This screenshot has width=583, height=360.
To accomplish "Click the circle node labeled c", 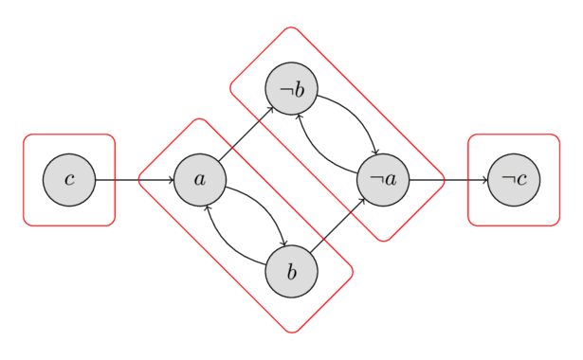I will [69, 179].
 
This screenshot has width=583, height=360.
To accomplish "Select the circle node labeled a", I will [199, 179].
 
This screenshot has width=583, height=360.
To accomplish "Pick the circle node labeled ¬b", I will [291, 89].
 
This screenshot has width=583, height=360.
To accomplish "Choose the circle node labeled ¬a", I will [383, 179].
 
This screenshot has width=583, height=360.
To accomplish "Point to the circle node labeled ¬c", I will [514, 179].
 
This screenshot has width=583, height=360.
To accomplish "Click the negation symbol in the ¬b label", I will [284, 91].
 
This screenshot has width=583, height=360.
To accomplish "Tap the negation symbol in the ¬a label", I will [376, 180].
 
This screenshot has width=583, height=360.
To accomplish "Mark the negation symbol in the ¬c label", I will [507, 180].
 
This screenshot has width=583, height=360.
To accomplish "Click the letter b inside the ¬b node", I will [299, 89].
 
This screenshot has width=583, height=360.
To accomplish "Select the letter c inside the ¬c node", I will [520, 180].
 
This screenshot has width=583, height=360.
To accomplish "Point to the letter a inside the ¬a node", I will [390, 180].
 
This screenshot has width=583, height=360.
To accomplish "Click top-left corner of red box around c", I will [26, 135].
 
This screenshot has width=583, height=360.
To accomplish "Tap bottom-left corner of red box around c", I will [26, 224].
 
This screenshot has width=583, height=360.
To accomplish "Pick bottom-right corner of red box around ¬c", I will [557, 224].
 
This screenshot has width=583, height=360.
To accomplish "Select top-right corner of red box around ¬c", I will [557, 135].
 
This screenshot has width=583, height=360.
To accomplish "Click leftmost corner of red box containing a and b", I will [139, 178].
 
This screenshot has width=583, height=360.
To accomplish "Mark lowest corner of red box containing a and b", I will [292, 333].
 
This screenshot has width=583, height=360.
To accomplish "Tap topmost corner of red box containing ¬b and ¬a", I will [290, 27].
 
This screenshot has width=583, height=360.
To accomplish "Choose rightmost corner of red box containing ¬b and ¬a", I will [443, 178].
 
